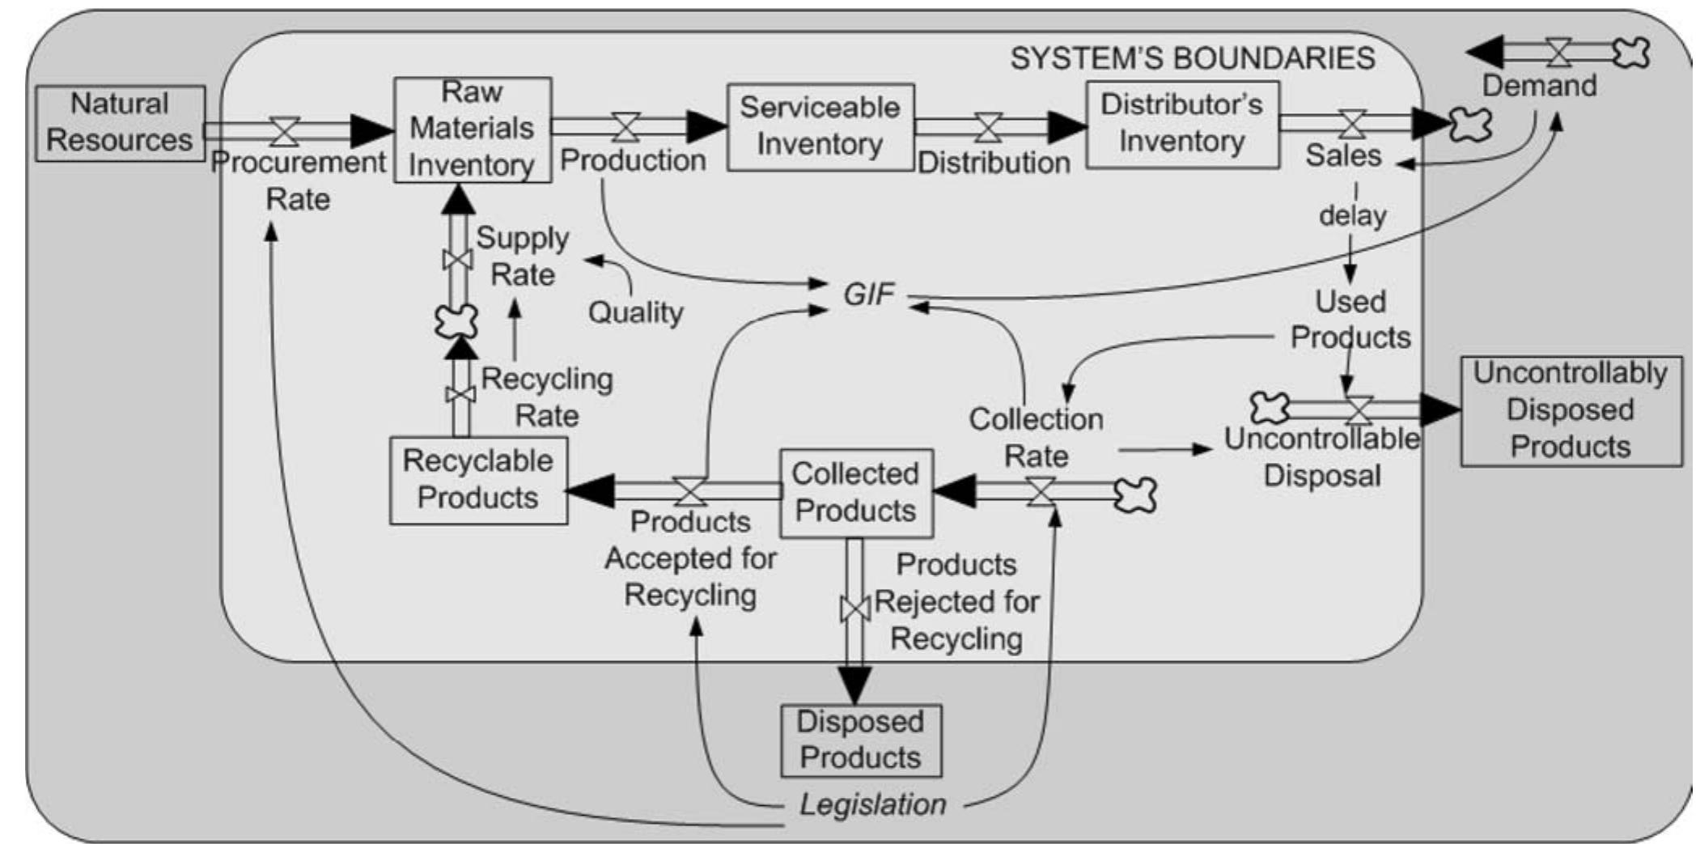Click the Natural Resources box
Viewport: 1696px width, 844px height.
(x=120, y=123)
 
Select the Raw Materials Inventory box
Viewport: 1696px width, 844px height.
(x=472, y=129)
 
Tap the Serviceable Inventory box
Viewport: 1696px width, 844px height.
(x=820, y=126)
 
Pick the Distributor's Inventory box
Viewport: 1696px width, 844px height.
(x=1181, y=124)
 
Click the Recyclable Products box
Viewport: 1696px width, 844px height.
(x=477, y=480)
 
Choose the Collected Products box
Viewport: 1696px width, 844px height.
(x=855, y=493)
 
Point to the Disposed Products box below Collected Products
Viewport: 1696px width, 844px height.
(x=860, y=740)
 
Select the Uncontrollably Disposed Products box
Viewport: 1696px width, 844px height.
(x=1570, y=410)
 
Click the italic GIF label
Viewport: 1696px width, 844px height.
(x=867, y=295)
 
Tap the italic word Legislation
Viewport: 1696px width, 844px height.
(x=872, y=804)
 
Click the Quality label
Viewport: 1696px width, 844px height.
(x=635, y=312)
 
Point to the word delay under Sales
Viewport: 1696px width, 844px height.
(x=1352, y=216)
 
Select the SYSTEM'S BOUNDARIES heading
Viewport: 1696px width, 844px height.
(x=1192, y=58)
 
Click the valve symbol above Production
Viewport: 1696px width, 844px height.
(x=625, y=127)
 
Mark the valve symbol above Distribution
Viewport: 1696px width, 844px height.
(x=988, y=127)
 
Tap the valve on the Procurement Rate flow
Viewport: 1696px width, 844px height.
(x=284, y=130)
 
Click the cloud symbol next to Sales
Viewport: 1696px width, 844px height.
(x=1469, y=125)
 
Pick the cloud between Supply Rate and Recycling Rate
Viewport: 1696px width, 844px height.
(x=456, y=321)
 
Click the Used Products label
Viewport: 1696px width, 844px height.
(x=1350, y=320)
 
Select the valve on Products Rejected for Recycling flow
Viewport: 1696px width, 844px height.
(x=854, y=609)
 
